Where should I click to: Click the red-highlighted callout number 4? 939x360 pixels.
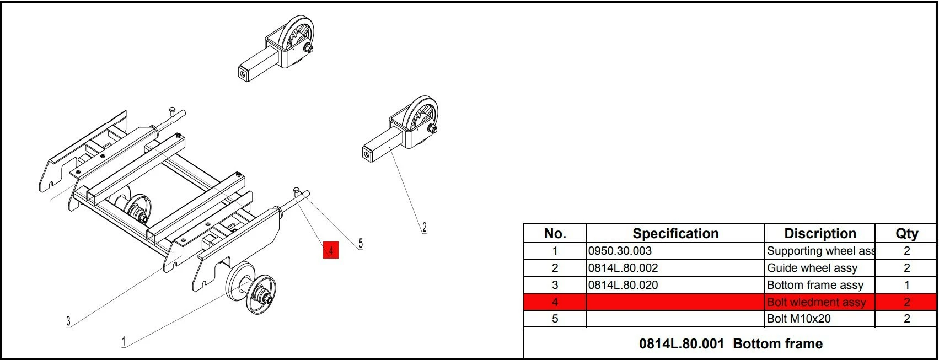tap(331, 251)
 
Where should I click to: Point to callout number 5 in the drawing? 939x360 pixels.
tap(361, 244)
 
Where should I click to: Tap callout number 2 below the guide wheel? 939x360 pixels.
tap(424, 228)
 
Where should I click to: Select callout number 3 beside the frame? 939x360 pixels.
tap(68, 321)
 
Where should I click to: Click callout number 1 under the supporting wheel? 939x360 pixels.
tap(124, 342)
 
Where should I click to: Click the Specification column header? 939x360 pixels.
tap(675, 233)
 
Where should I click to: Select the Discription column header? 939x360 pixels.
tap(820, 233)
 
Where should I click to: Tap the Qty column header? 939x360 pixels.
tap(906, 233)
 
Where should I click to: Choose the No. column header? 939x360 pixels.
tap(555, 233)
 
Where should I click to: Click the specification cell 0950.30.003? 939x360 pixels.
tap(620, 251)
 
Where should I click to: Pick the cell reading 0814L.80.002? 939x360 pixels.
tap(623, 268)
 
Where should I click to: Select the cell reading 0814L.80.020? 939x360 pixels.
tap(623, 285)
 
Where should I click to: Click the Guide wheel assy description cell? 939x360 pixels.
tap(812, 268)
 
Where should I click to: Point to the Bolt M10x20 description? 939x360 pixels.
tap(798, 319)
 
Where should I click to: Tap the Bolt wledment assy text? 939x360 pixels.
tap(816, 302)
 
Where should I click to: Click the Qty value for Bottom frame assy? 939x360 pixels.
tap(906, 285)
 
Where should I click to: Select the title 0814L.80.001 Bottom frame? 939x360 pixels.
tap(731, 343)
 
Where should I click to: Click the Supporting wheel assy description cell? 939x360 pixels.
tap(821, 251)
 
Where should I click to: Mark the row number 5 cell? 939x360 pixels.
tap(555, 319)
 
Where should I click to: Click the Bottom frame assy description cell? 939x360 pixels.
tap(815, 286)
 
